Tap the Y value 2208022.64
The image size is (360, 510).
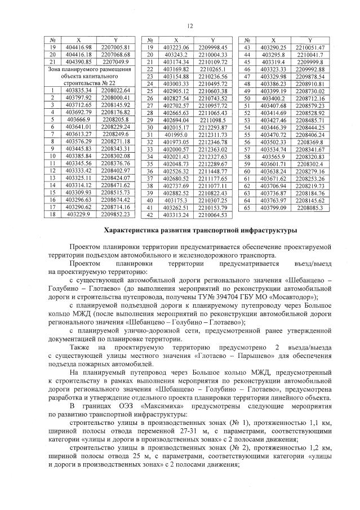coord(115,90)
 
